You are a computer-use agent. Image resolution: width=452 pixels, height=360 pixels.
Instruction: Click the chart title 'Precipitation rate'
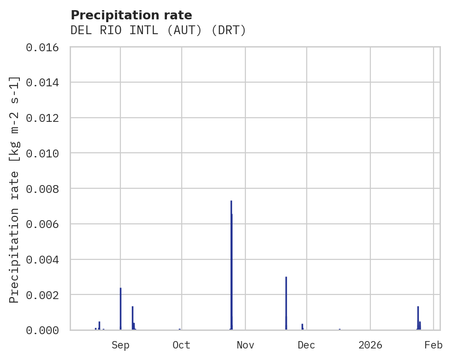pyautogui.click(x=131, y=15)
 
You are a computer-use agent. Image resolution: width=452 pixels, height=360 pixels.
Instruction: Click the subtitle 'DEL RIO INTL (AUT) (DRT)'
pyautogui.click(x=158, y=30)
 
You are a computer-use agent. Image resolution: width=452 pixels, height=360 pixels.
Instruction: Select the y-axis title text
pyautogui.click(x=14, y=189)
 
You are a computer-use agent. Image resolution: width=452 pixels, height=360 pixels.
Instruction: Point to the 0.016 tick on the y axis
pyautogui.click(x=45, y=47)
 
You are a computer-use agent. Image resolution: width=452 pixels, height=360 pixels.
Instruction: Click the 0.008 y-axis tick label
pyautogui.click(x=45, y=189)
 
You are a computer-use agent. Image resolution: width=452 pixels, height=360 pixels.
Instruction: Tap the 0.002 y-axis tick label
pyautogui.click(x=45, y=295)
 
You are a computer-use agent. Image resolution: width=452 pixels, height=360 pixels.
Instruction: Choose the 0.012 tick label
pyautogui.click(x=45, y=118)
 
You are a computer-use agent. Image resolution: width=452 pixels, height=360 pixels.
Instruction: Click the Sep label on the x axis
pyautogui.click(x=120, y=345)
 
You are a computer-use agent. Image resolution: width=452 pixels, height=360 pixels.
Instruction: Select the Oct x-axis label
pyautogui.click(x=181, y=345)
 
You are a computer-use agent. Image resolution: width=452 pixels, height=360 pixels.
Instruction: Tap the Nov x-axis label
pyautogui.click(x=245, y=345)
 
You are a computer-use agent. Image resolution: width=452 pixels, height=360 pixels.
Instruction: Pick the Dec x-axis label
pyautogui.click(x=306, y=345)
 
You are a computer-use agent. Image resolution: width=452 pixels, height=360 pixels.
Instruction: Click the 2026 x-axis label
pyautogui.click(x=370, y=345)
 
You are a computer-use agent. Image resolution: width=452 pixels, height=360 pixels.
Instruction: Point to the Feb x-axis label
pyautogui.click(x=434, y=345)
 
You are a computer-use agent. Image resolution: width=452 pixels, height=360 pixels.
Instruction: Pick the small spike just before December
pyautogui.click(x=302, y=326)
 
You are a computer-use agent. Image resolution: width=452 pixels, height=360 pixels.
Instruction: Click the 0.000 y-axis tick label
pyautogui.click(x=45, y=330)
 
